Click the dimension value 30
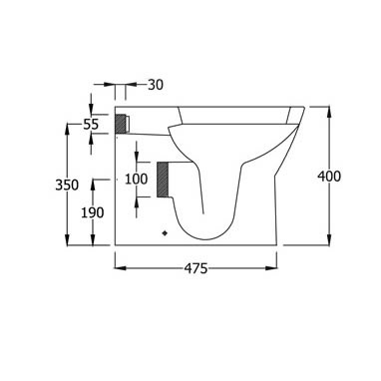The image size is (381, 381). click(x=156, y=85)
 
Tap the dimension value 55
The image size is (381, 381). click(x=91, y=125)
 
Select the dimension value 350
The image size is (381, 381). click(x=67, y=185)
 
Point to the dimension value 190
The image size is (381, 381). click(x=93, y=212)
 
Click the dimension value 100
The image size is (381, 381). click(x=137, y=179)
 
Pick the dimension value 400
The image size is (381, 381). click(x=329, y=176)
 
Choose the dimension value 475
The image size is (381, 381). click(x=195, y=268)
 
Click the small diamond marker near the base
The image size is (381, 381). click(x=165, y=233)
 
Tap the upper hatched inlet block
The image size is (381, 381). click(x=121, y=124)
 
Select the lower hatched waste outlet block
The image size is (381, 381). click(x=163, y=180)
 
